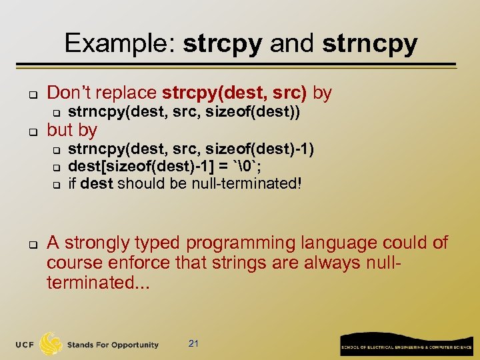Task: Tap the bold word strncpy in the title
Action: coord(369,44)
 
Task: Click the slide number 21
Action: coord(194,343)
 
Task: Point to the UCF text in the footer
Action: coord(25,345)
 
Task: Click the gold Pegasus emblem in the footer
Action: coord(51,344)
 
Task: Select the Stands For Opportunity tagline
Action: coord(113,345)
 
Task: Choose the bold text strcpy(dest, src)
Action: coord(235,93)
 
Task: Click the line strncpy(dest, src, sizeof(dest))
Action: coord(184,113)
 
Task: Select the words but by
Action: coord(72,130)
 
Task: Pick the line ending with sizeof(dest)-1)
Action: coord(191,149)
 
